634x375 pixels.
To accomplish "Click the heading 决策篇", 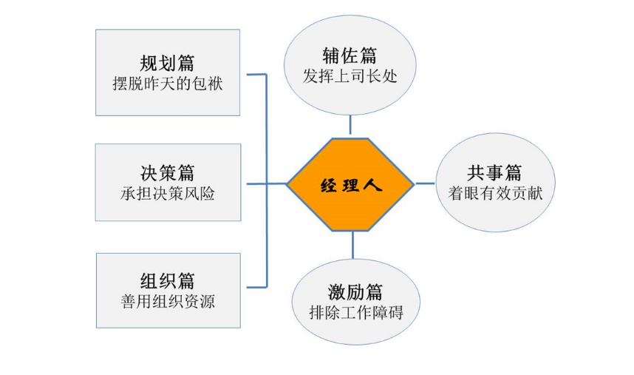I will click(168, 173).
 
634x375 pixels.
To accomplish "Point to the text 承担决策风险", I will click(168, 194).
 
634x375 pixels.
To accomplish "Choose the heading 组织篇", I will click(168, 282).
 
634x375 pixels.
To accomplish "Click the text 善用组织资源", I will click(168, 303).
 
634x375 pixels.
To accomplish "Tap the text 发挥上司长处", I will click(350, 76).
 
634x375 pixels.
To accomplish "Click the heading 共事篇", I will click(495, 173).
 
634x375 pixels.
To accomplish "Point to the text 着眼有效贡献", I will click(495, 194).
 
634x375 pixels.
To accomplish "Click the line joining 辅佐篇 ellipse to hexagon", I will click(350, 125).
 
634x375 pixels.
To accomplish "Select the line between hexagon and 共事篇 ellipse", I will click(425, 183).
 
